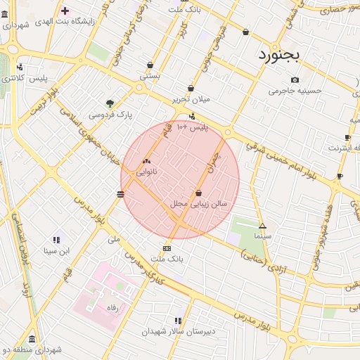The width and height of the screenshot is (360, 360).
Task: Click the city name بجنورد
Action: pyautogui.click(x=278, y=53)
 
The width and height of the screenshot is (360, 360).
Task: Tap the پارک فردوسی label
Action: pyautogui.click(x=110, y=114)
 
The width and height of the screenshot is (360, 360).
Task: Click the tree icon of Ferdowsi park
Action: pyautogui.click(x=109, y=103)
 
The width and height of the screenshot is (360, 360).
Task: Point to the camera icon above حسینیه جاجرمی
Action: pyautogui.click(x=295, y=79)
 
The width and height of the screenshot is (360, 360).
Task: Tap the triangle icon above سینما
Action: pyautogui.click(x=263, y=226)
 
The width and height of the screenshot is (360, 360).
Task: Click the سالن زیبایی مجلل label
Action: pyautogui.click(x=199, y=203)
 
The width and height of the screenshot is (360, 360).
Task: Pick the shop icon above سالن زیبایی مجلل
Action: pyautogui.click(x=199, y=192)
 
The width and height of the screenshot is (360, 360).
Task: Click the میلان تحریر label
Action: pyautogui.click(x=191, y=99)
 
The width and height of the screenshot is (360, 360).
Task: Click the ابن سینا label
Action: pyautogui.click(x=57, y=250)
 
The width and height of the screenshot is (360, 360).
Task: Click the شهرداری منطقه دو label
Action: pyautogui.click(x=32, y=349)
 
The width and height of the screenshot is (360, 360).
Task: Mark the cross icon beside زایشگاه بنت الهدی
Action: pyautogui.click(x=65, y=11)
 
